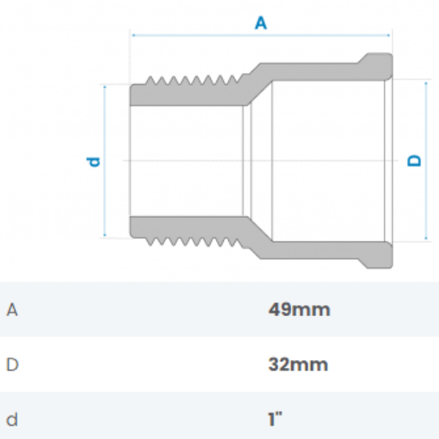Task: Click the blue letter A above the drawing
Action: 260,23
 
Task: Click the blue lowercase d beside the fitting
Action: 94,160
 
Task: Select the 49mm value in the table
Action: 299,309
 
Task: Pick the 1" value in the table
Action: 275,419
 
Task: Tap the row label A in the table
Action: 12,309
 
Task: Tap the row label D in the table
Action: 12,364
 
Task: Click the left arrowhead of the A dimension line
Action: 133,34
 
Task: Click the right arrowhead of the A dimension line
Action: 389,34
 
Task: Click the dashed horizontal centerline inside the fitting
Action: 219,160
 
